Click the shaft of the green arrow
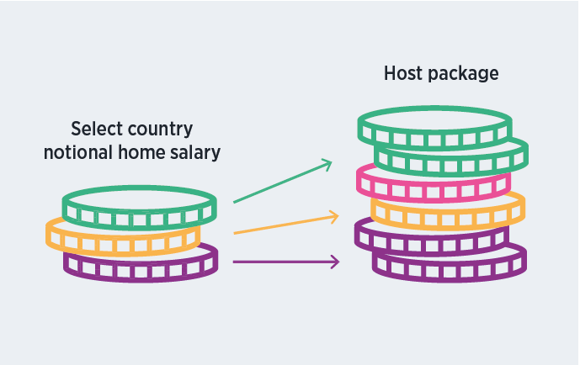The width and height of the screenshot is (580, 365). [278, 183]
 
